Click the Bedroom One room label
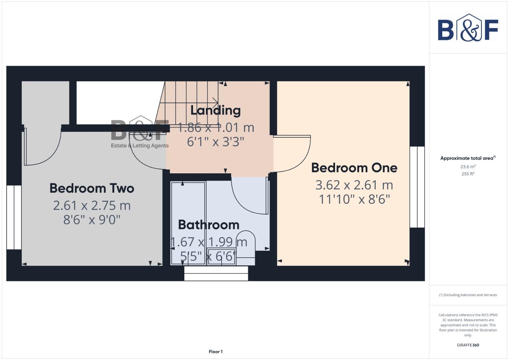354,168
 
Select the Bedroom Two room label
92,188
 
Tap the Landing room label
215,110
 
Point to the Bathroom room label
209,225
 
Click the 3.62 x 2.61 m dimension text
354,185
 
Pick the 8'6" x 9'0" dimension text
92,220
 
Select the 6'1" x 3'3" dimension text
215,142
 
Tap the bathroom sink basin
221,256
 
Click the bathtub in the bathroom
188,223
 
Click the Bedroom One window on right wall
417,187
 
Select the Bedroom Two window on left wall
14,217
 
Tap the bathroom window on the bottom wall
216,273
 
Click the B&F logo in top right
468,28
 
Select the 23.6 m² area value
468,166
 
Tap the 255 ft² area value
468,174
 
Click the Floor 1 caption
216,351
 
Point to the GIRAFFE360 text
468,345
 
